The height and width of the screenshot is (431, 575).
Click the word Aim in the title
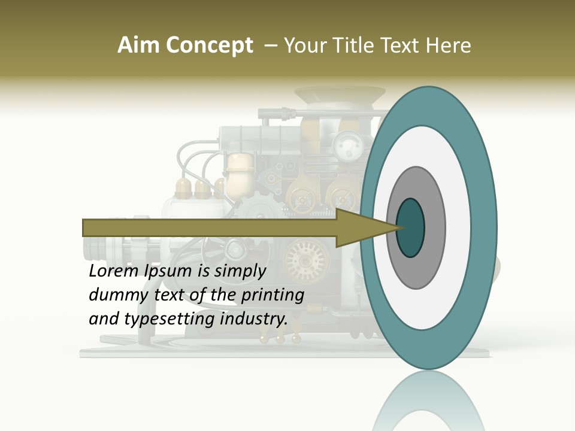click(x=139, y=45)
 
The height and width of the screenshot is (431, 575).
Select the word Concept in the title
click(x=209, y=45)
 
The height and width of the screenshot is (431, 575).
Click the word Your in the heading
click(x=305, y=45)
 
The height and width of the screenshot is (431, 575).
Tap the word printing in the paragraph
click(x=272, y=295)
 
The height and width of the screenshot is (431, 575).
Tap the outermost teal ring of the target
click(x=485, y=227)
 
